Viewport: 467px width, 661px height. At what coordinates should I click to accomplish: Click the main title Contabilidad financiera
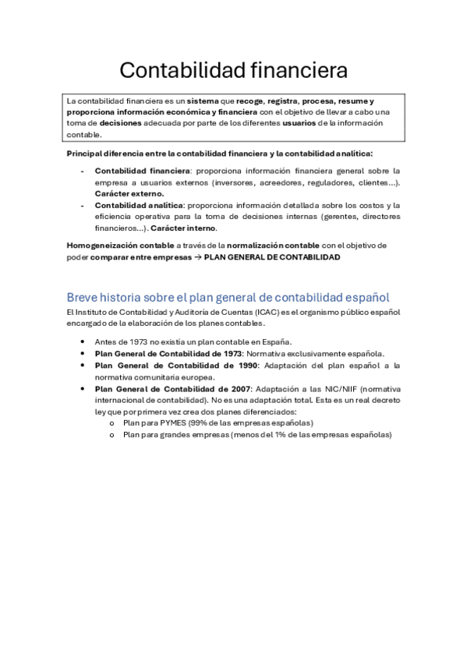tap(233, 71)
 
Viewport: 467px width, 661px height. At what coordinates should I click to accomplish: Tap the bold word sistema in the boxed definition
tap(203, 101)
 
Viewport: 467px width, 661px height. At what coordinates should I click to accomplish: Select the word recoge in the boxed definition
tap(249, 101)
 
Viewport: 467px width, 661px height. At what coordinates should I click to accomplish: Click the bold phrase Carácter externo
tap(129, 193)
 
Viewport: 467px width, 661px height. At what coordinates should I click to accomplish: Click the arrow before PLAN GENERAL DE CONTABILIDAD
tap(196, 256)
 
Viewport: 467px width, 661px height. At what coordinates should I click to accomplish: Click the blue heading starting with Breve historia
tap(228, 298)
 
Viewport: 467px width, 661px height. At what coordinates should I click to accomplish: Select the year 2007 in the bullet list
tap(235, 388)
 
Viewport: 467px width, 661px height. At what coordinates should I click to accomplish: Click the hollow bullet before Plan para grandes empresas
tap(112, 435)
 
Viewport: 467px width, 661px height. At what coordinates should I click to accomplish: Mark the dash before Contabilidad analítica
tap(83, 206)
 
